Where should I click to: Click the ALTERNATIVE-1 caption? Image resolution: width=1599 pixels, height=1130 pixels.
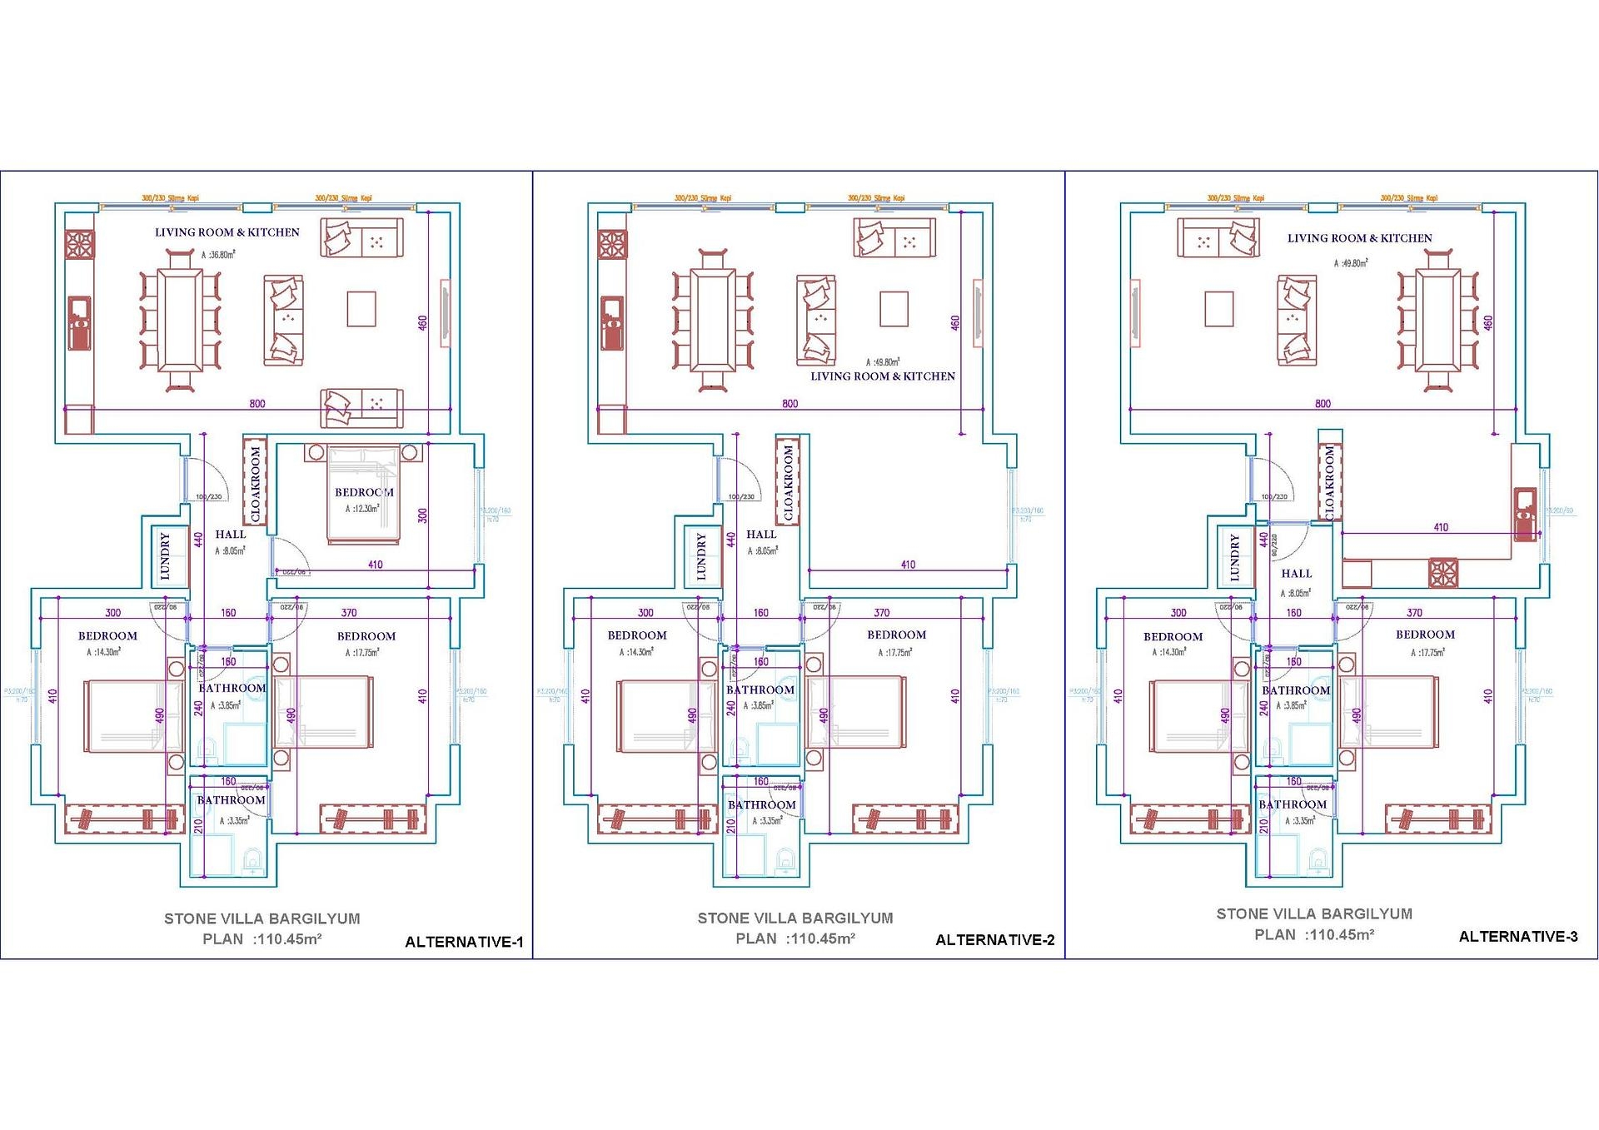click(464, 942)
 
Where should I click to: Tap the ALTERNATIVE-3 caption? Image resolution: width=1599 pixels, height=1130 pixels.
click(1517, 937)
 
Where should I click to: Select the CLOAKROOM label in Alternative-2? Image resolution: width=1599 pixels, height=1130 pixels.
click(788, 482)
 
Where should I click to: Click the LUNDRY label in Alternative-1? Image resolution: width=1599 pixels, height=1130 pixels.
click(165, 556)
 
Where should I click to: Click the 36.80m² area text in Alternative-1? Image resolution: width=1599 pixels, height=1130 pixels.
click(218, 255)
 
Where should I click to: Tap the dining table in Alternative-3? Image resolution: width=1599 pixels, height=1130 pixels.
click(1438, 320)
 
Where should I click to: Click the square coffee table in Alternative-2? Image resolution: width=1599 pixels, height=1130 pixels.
click(894, 309)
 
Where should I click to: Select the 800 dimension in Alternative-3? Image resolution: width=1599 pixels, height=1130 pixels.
click(1323, 404)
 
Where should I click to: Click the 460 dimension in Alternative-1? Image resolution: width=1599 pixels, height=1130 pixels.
click(422, 321)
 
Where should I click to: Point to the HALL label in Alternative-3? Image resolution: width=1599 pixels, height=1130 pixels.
click(1296, 574)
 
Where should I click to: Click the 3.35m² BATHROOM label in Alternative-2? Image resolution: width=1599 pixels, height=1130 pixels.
click(761, 805)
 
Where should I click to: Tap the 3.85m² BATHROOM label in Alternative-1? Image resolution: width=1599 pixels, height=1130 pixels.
click(232, 689)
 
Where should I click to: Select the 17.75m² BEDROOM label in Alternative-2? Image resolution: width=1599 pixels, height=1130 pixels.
click(896, 635)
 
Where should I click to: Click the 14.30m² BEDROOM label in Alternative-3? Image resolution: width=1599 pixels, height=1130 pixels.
click(1173, 637)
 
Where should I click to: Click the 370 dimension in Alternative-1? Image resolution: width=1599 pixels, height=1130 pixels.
click(349, 613)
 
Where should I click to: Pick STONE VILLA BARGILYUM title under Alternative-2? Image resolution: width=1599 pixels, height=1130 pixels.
click(795, 918)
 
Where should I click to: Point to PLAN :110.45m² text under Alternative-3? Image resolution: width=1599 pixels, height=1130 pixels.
click(1313, 935)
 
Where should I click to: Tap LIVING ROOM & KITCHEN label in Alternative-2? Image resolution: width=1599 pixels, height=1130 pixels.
click(882, 376)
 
